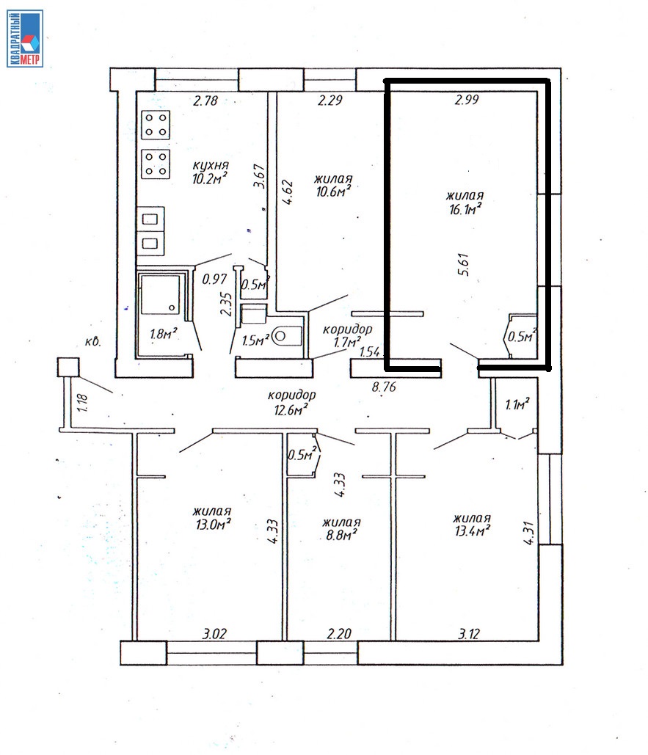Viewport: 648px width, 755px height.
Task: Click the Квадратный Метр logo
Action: [25, 38]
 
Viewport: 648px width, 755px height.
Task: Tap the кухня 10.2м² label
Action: [210, 173]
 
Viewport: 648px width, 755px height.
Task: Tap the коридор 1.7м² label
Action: [347, 335]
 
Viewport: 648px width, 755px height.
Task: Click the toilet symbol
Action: [287, 336]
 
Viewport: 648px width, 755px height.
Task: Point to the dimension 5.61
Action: [465, 264]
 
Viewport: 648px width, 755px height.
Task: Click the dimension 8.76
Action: [384, 386]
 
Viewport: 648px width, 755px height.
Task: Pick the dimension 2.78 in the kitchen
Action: [205, 101]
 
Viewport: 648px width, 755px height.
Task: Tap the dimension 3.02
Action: [214, 634]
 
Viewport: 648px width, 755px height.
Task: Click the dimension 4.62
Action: [288, 192]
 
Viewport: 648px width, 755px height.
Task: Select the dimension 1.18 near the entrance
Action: [83, 403]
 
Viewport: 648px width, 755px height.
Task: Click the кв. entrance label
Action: [92, 342]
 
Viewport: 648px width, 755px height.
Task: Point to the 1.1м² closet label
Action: [517, 404]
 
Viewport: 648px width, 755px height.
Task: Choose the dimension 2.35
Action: [226, 304]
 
